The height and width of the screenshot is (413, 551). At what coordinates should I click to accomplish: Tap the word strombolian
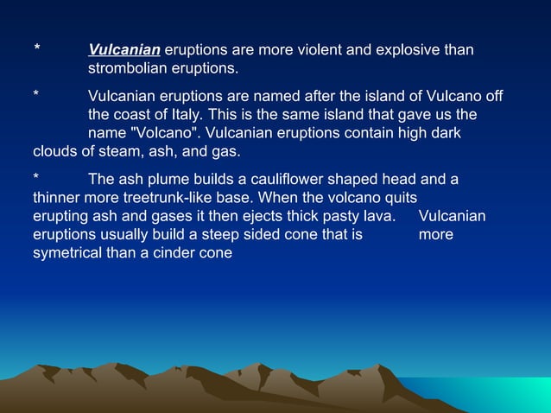[129, 67]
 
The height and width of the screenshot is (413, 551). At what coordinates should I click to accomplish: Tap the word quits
[398, 197]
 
